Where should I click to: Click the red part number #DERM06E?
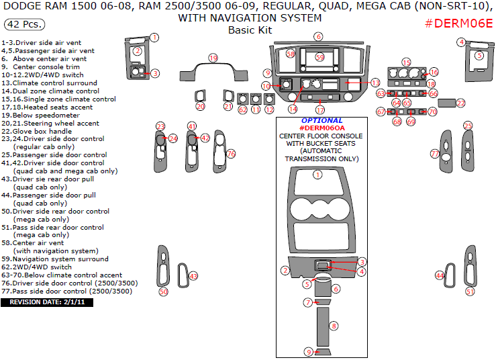[460, 24]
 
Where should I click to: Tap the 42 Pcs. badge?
[26, 24]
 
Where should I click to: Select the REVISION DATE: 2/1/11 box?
[47, 302]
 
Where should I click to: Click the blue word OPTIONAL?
[321, 120]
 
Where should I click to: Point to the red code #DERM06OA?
[321, 128]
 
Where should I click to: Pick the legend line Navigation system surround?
[55, 259]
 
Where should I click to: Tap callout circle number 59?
[320, 57]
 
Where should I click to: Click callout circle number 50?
[163, 291]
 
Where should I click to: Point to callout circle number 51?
[470, 291]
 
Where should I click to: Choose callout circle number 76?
[231, 154]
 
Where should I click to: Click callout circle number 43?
[193, 276]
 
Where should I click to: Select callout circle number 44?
[440, 275]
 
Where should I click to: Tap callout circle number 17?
[320, 110]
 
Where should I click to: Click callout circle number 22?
[460, 103]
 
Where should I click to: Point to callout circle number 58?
[291, 53]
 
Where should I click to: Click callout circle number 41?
[192, 126]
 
